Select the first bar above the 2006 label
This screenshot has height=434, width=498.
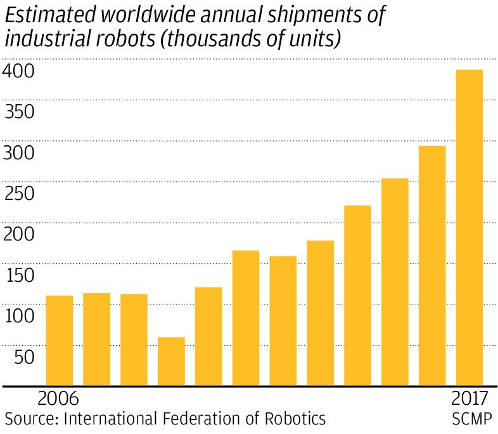(x=60, y=340)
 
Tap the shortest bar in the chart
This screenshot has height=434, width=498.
(x=171, y=361)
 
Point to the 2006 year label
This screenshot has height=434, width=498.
(x=58, y=399)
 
